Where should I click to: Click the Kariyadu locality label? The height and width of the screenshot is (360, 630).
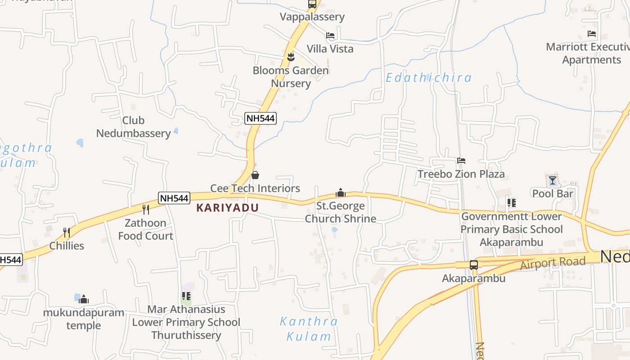pos(227,207)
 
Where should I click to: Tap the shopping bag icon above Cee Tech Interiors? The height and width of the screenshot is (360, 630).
pos(255,175)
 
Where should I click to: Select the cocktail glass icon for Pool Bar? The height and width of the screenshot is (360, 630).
pos(552,180)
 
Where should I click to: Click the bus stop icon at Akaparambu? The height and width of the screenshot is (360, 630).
pos(474,265)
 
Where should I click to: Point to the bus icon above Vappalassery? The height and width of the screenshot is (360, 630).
pos(312,4)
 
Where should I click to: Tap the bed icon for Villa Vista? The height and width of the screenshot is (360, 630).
pos(330,35)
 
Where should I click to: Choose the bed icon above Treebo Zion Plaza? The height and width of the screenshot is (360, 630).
pos(461,161)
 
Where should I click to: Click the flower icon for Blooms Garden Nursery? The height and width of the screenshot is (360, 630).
pos(291,57)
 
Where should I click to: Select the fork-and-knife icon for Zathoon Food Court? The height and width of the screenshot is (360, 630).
pos(145,209)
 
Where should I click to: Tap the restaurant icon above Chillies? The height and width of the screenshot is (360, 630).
pos(67,232)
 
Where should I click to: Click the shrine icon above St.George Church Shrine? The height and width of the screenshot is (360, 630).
pos(341,193)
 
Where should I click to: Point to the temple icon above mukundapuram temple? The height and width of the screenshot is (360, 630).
pos(84,299)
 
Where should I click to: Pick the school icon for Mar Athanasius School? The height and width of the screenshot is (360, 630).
pos(186,296)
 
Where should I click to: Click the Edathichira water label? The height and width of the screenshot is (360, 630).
pos(428,78)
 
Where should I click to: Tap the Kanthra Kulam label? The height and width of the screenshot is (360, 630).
pos(309,328)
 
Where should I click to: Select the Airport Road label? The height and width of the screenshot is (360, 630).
pos(553,263)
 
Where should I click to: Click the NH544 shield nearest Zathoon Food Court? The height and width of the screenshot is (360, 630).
pos(174,198)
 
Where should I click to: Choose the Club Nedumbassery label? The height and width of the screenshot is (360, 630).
pos(133,127)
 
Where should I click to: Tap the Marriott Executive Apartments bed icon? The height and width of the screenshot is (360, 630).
pos(591,34)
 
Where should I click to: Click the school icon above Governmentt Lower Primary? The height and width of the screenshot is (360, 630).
pos(512,203)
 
